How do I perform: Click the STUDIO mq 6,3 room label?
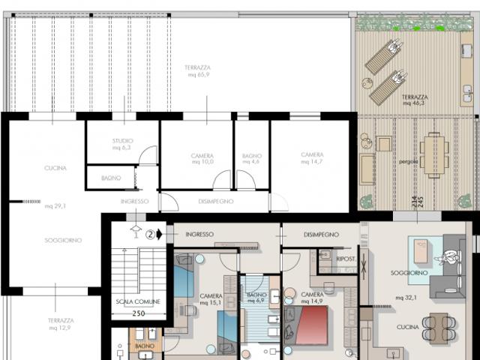coord(121,144)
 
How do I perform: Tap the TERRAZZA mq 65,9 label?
coord(197,71)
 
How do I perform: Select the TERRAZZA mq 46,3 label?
coord(415,100)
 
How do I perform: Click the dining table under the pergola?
coord(433,154)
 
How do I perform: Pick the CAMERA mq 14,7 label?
coord(312,157)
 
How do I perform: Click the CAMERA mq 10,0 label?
coord(202,159)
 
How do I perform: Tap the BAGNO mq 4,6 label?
coord(252,159)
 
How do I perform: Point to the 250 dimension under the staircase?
coord(138,314)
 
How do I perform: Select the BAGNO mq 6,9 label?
coord(258,298)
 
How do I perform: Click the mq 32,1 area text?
coord(409,297)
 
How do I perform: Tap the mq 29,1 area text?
coord(55,205)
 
